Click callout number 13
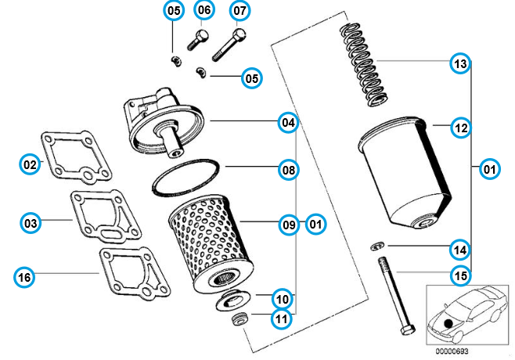click(460, 63)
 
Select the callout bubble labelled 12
click(460, 127)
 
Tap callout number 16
click(25, 276)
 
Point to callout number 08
click(290, 169)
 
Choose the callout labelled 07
click(239, 11)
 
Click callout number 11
click(280, 319)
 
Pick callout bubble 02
click(30, 164)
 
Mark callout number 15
click(460, 275)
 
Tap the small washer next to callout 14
click(377, 246)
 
